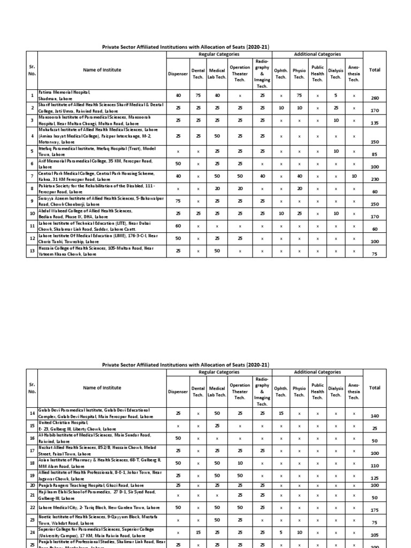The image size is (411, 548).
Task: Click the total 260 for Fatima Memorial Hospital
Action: click(375, 98)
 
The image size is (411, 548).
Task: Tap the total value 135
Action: click(375, 123)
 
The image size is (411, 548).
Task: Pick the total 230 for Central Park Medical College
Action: click(375, 179)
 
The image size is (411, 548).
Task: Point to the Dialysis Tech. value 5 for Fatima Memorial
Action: click(336, 95)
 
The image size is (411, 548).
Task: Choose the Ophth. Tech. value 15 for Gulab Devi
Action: click(280, 413)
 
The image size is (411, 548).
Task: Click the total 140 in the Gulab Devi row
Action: click(375, 416)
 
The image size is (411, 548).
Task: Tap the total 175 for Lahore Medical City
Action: click(375, 511)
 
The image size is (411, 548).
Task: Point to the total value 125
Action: click(375, 478)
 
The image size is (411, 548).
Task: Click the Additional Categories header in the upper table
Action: click(317, 55)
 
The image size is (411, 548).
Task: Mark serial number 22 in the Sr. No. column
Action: click(32, 507)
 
